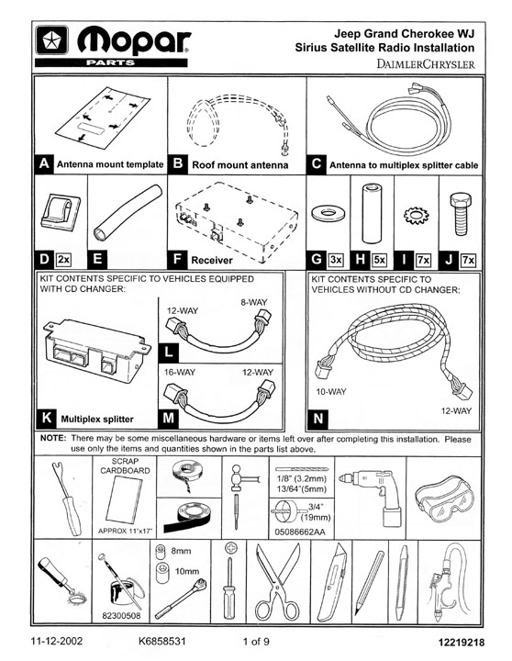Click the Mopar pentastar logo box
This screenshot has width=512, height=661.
pos(51,40)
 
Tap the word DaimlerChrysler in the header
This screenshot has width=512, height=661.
pos(425,64)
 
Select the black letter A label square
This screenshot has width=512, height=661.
pos(44,163)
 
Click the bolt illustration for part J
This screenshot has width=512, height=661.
pos(461,214)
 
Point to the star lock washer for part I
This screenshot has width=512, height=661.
pos(416,216)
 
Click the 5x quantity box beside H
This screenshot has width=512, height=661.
pos(379,260)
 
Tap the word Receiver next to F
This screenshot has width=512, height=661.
pos(212,260)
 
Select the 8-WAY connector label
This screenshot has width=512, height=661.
pos(254,302)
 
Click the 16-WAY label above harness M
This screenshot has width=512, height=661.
pos(180,372)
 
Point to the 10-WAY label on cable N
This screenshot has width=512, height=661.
pos(331,392)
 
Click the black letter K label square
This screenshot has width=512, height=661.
pos(46,418)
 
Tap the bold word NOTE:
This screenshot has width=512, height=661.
pos(53,438)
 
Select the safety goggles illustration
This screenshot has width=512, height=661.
pos(444,499)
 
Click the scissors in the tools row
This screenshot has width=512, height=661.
pos(277,582)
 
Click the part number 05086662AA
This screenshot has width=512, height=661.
pos(300,532)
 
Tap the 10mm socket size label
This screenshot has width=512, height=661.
pos(187,571)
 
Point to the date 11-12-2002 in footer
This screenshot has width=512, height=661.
pos(57,641)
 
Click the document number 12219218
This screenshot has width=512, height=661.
pos(462,643)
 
